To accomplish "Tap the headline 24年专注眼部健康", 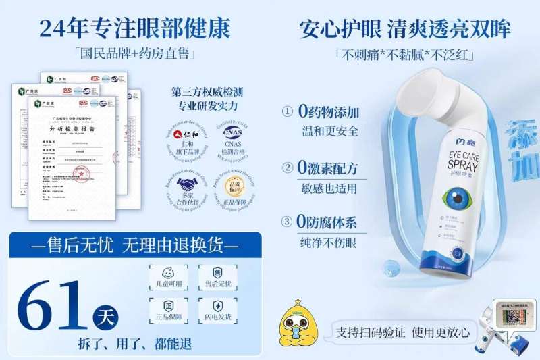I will [134, 28].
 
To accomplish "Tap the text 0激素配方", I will [329, 167].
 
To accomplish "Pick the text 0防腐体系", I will [329, 222].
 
